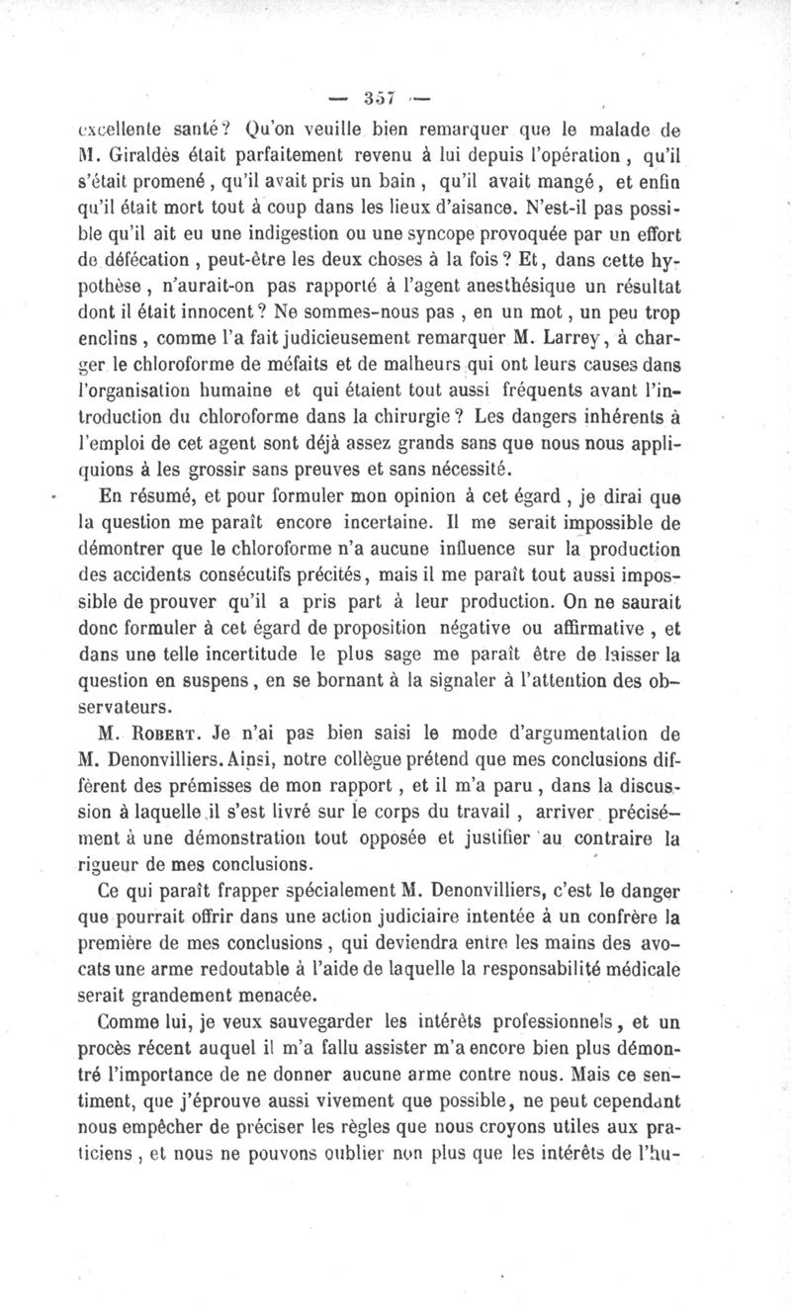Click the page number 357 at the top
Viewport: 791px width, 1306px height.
[380, 97]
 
